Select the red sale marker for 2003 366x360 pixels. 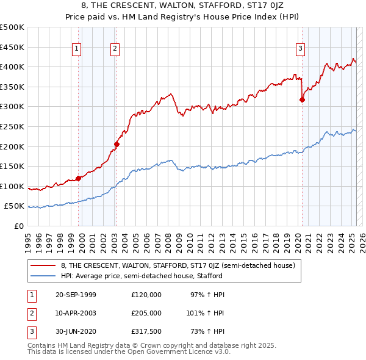(117, 145)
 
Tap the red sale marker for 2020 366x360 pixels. (302, 100)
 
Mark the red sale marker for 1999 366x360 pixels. (78, 178)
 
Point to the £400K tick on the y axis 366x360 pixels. (12, 67)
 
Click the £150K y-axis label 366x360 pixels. (12, 166)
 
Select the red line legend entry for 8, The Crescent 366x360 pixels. (178, 265)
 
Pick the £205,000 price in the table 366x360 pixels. (146, 313)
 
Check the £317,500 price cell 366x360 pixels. (146, 331)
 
